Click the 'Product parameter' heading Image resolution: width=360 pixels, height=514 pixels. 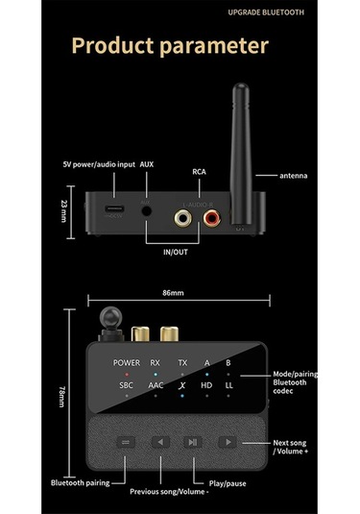tap(171, 45)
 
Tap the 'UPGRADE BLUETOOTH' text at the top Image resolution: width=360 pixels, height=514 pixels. tap(266, 12)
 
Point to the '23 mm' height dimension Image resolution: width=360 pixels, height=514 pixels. tap(62, 208)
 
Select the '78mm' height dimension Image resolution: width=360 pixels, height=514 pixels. tap(62, 395)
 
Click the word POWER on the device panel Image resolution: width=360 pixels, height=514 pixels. tap(126, 363)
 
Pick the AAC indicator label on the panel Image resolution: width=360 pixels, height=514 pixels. tap(156, 385)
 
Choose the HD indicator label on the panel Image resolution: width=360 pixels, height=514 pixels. tap(206, 385)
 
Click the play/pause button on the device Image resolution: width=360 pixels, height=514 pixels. tap(192, 443)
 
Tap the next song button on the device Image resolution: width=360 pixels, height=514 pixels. tap(228, 442)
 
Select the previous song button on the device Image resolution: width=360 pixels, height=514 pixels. tap(159, 443)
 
